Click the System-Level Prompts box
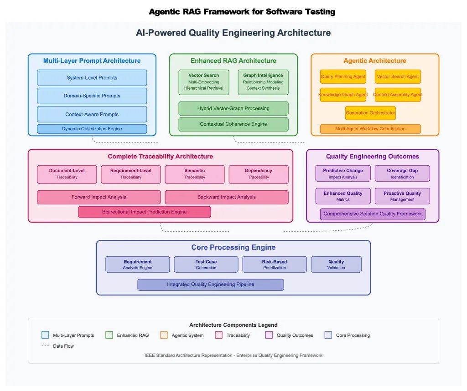pos(92,78)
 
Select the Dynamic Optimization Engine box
pos(92,129)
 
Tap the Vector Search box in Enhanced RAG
pos(204,82)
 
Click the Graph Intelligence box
pos(263,82)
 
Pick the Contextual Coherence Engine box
pos(233,124)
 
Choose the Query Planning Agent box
pos(343,76)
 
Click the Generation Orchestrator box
pos(370,113)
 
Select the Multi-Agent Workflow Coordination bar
pos(370,129)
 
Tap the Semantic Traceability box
pos(195,174)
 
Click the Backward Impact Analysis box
pos(227,197)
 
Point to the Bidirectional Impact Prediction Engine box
pos(145,212)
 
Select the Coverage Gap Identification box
pos(402,173)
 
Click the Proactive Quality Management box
pos(402,196)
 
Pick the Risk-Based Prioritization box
pos(275,264)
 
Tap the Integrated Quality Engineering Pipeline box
pos(211,284)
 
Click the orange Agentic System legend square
pos(164,335)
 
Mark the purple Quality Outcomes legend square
pos(269,335)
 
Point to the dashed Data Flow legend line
pos(45,346)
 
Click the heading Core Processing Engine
pos(233,248)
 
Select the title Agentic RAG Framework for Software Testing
pos(242,12)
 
